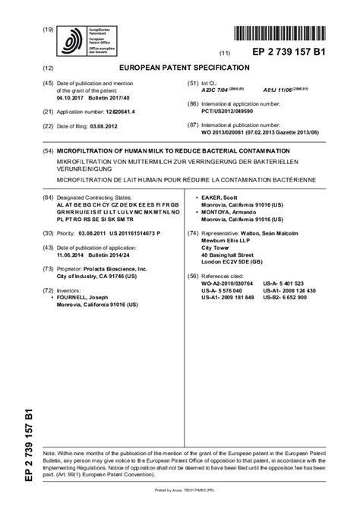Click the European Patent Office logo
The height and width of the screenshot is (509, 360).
pos(75,40)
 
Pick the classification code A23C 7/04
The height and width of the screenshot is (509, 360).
pos(214,88)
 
